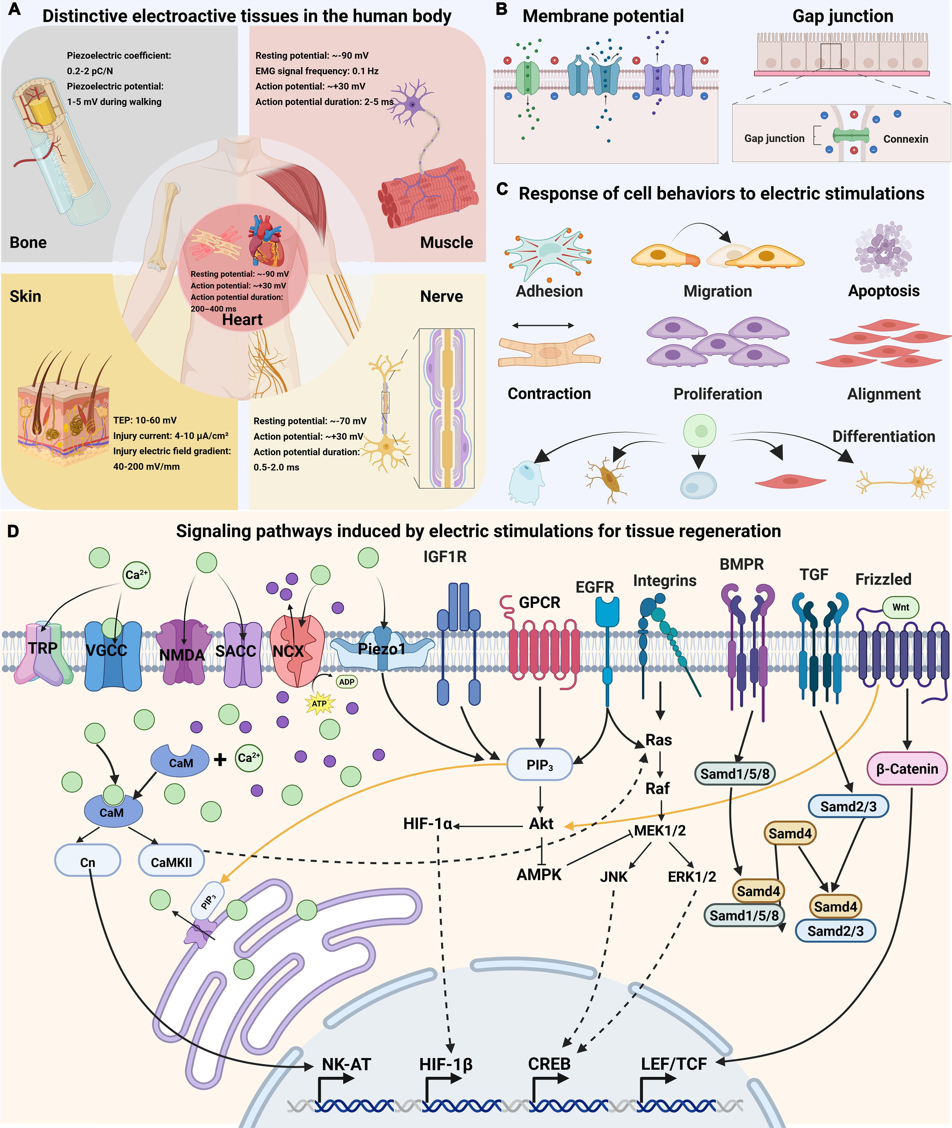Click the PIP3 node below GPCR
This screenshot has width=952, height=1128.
(x=539, y=764)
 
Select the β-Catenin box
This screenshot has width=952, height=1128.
(x=907, y=769)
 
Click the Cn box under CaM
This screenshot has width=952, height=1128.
(x=88, y=862)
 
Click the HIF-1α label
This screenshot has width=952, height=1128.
(x=427, y=824)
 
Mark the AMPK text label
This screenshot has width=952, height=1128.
(x=539, y=874)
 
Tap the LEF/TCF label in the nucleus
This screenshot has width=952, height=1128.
(x=674, y=1064)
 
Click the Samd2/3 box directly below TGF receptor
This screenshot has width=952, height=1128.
(x=848, y=806)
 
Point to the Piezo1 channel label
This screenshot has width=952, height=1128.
(x=381, y=649)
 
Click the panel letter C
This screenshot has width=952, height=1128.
(x=502, y=189)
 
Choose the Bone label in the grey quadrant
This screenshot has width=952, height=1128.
(x=28, y=242)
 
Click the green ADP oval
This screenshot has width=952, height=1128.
(x=347, y=682)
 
